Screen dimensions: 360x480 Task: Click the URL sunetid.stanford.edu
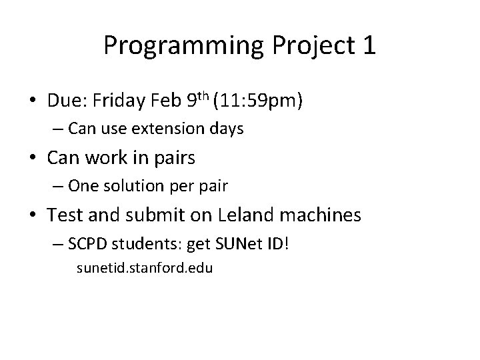coord(145,269)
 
